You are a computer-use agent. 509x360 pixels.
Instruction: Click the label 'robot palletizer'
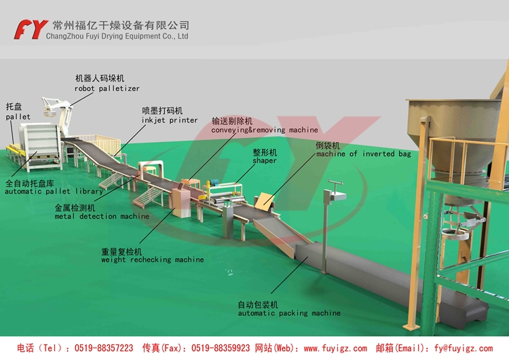107,88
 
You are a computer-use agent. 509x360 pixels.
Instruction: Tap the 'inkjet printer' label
170,120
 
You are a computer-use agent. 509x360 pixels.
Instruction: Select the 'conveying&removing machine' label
264,130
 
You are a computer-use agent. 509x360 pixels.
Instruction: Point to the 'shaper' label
265,162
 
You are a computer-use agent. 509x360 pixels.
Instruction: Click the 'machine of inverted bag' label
363,154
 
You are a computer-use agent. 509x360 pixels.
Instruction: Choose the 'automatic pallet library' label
54,192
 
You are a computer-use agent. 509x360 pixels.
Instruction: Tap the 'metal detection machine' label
102,217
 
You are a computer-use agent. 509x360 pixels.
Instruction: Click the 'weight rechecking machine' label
152,259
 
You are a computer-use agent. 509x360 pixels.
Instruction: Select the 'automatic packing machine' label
288,313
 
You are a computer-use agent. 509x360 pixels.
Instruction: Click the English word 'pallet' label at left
18,117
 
